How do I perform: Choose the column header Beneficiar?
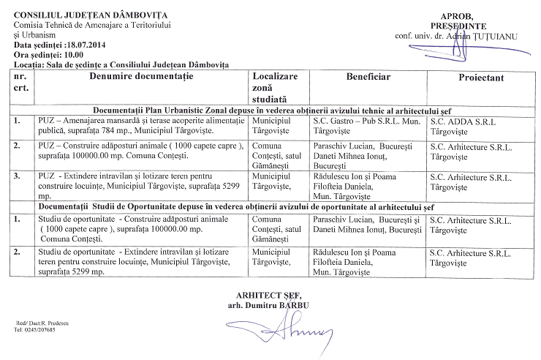click(x=368, y=76)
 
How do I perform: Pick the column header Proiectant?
click(x=482, y=77)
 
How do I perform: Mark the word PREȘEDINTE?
click(x=458, y=26)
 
